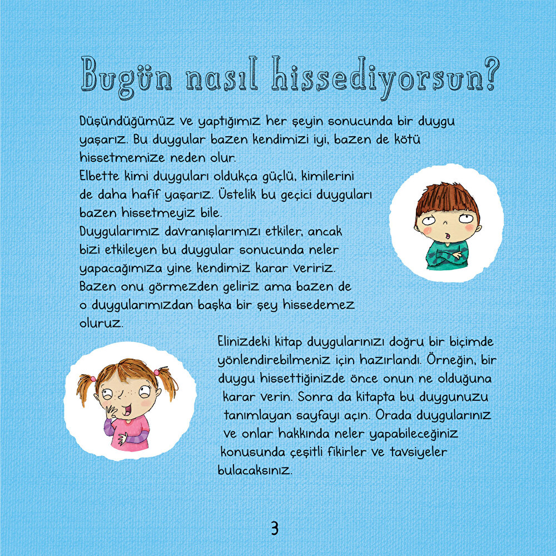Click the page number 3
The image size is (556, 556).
tap(274, 528)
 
